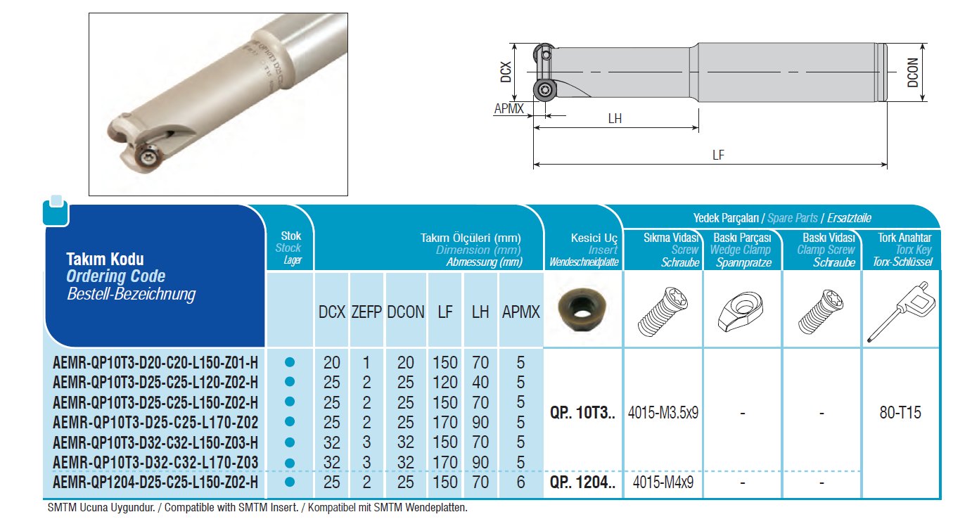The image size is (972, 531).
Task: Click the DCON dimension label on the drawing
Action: pyautogui.click(x=912, y=72)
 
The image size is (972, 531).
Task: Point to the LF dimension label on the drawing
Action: pyautogui.click(x=718, y=155)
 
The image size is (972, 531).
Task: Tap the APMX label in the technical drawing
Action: pyautogui.click(x=509, y=108)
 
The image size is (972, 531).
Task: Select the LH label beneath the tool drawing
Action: pyautogui.click(x=615, y=118)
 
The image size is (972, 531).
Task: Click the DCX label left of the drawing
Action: pyautogui.click(x=506, y=72)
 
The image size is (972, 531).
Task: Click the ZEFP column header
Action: pyautogui.click(x=366, y=312)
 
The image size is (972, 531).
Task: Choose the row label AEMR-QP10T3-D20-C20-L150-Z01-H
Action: pyautogui.click(x=155, y=362)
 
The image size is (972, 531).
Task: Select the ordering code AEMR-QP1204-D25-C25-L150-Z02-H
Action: pyautogui.click(x=155, y=482)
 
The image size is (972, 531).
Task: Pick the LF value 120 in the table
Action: pyautogui.click(x=445, y=382)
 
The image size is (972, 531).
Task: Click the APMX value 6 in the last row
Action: pyautogui.click(x=520, y=482)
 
